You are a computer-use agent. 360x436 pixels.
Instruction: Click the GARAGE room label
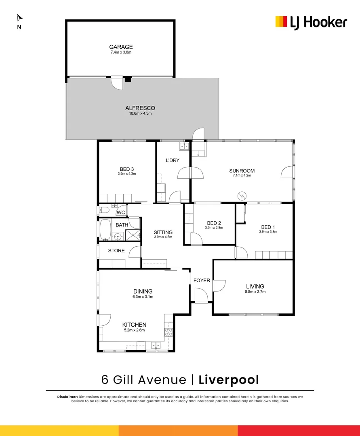point(120,47)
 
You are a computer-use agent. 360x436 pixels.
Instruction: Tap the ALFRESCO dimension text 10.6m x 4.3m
point(140,113)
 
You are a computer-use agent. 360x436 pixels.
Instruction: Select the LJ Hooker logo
point(311,22)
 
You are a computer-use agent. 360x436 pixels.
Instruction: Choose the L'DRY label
point(172,160)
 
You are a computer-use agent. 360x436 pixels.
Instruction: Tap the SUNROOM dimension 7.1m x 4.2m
point(242,176)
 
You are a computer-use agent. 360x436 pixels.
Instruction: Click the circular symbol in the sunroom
point(242,195)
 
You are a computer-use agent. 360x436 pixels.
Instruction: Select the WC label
point(121,213)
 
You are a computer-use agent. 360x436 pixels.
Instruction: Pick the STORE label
point(116,251)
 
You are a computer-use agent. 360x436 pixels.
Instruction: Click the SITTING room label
point(163,232)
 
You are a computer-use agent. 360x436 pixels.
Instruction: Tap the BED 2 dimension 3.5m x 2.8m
point(214,228)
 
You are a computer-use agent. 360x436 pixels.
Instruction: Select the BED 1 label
point(268,226)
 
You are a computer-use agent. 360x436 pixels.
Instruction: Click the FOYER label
point(202,280)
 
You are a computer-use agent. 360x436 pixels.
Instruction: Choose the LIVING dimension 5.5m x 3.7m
point(255,291)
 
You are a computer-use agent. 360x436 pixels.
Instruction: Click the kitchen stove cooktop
point(168,332)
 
